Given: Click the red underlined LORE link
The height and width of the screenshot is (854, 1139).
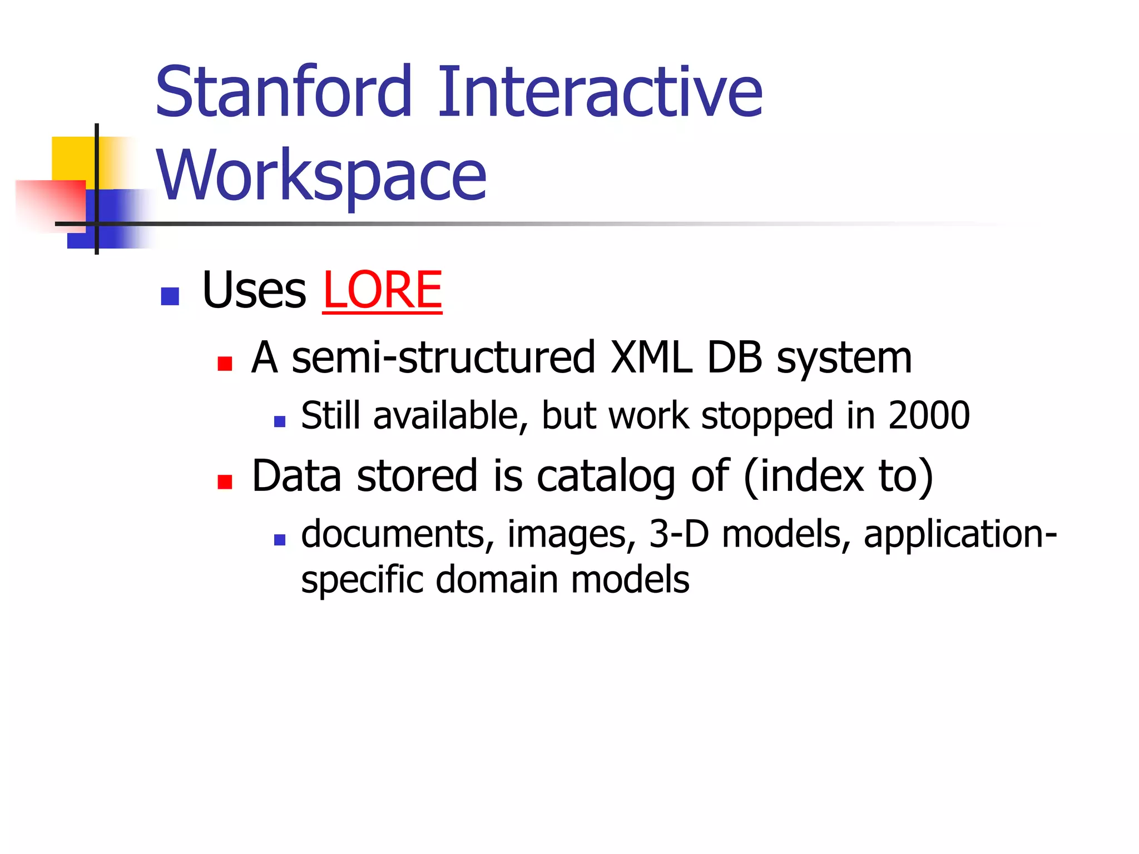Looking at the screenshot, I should [x=382, y=290].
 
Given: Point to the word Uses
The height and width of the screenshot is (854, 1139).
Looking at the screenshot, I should [x=254, y=290].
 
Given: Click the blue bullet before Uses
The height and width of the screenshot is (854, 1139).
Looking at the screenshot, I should [x=170, y=296].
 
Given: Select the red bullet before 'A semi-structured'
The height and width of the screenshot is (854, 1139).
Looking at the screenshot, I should [x=225, y=364].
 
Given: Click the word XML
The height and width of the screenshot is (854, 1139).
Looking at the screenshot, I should [x=651, y=358].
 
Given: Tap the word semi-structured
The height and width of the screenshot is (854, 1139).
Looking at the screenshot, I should [x=444, y=358].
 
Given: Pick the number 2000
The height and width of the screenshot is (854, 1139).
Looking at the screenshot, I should [x=929, y=415].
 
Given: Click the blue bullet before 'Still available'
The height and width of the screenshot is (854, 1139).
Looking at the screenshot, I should [x=280, y=421].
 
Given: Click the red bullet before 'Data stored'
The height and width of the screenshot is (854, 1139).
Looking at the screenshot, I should [x=225, y=481].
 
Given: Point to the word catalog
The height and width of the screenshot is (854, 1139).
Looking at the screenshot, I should [x=606, y=477].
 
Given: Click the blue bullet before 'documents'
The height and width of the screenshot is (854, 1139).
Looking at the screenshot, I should [x=280, y=539].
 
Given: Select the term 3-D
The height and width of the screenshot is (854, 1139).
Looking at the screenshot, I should [x=679, y=534].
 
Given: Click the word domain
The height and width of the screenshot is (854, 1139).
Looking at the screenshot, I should [x=497, y=579].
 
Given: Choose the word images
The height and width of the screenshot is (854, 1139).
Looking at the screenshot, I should [x=571, y=535].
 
